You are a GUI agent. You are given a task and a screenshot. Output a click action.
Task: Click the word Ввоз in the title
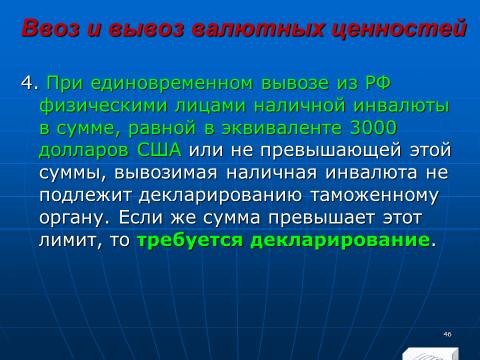tap(51, 27)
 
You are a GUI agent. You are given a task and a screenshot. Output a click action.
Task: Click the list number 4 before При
tap(27, 83)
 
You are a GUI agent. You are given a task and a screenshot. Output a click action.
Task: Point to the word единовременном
tap(172, 83)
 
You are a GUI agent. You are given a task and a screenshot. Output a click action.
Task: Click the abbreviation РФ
tap(377, 83)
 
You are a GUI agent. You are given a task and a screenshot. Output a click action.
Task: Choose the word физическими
tap(103, 106)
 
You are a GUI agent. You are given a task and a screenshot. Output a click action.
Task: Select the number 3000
tap(373, 128)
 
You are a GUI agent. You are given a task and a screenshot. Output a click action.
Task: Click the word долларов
tap(84, 150)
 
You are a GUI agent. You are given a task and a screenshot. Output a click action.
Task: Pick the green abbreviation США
tap(159, 150)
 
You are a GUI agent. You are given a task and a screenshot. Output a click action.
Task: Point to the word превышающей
tap(331, 151)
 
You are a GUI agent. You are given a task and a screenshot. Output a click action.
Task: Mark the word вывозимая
tap(166, 173)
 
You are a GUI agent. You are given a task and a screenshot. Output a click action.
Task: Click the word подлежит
tap(85, 196)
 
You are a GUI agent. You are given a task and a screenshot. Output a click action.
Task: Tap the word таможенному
tap(374, 196)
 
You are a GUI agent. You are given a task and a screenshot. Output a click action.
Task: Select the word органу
tap(74, 219)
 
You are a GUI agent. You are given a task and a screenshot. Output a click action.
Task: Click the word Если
tap(140, 217)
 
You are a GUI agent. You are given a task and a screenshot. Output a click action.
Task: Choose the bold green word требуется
tap(190, 240)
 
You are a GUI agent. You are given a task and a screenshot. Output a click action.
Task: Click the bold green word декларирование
tap(340, 240)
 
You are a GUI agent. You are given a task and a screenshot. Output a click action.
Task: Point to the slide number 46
tap(447, 334)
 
